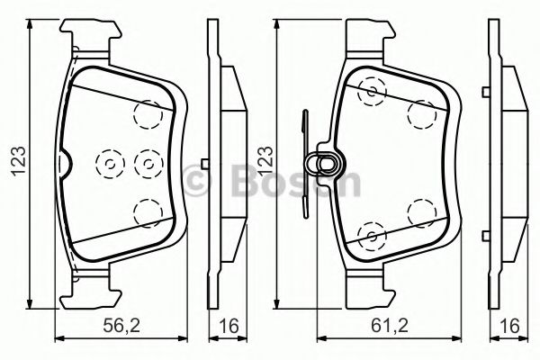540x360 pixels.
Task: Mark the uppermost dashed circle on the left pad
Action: [146, 113]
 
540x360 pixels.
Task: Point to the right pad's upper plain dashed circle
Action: [419, 112]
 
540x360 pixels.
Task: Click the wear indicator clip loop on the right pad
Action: [323, 163]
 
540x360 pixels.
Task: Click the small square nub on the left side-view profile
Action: [206, 163]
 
